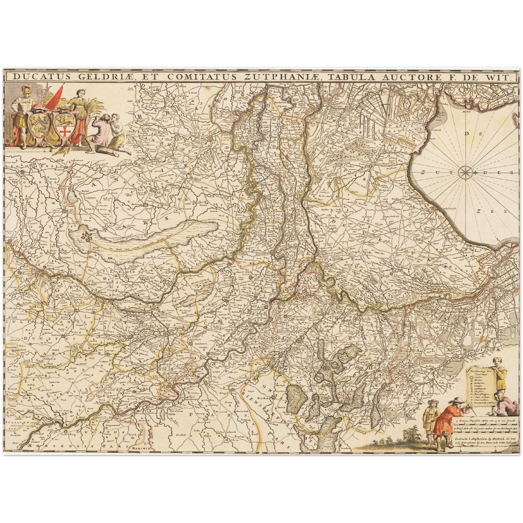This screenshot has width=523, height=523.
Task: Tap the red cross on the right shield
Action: pyautogui.click(x=65, y=131)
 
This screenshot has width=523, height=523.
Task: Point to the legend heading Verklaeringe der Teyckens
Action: pyautogui.click(x=481, y=372)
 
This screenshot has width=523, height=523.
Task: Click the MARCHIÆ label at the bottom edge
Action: pyautogui.click(x=141, y=448)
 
